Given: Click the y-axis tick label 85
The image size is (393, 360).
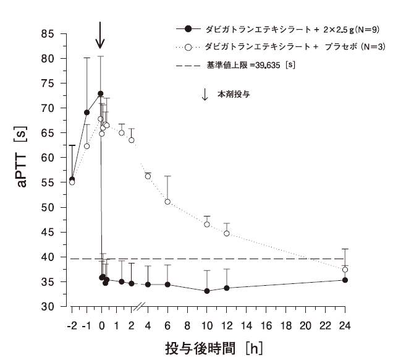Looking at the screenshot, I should [x=47, y=33].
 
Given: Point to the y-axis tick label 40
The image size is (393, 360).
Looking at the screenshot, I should [x=47, y=257].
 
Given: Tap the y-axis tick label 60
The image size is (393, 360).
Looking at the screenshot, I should [x=47, y=158].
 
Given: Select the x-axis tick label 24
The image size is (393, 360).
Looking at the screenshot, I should [x=345, y=323].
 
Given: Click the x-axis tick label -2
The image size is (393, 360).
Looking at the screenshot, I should [x=71, y=323].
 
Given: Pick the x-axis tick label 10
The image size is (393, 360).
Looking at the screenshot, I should [x=207, y=323].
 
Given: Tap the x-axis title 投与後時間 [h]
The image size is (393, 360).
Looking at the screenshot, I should [x=213, y=348].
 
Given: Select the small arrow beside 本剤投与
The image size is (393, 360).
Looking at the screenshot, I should [x=205, y=95].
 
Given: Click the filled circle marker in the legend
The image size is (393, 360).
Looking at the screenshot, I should [x=189, y=28].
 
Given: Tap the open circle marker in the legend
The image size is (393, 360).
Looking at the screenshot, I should [x=189, y=46].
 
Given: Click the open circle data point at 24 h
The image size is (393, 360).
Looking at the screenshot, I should [x=345, y=270].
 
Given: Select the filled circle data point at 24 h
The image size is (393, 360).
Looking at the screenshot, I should [x=345, y=280].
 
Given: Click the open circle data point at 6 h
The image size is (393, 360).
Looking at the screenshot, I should [x=167, y=202].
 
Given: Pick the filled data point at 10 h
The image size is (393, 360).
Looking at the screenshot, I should [x=207, y=291].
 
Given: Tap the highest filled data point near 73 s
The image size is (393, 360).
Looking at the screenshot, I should [x=100, y=93].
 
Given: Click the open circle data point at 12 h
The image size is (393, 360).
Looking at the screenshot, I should [x=227, y=233].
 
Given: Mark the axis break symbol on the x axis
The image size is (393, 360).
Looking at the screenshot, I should [x=140, y=306].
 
